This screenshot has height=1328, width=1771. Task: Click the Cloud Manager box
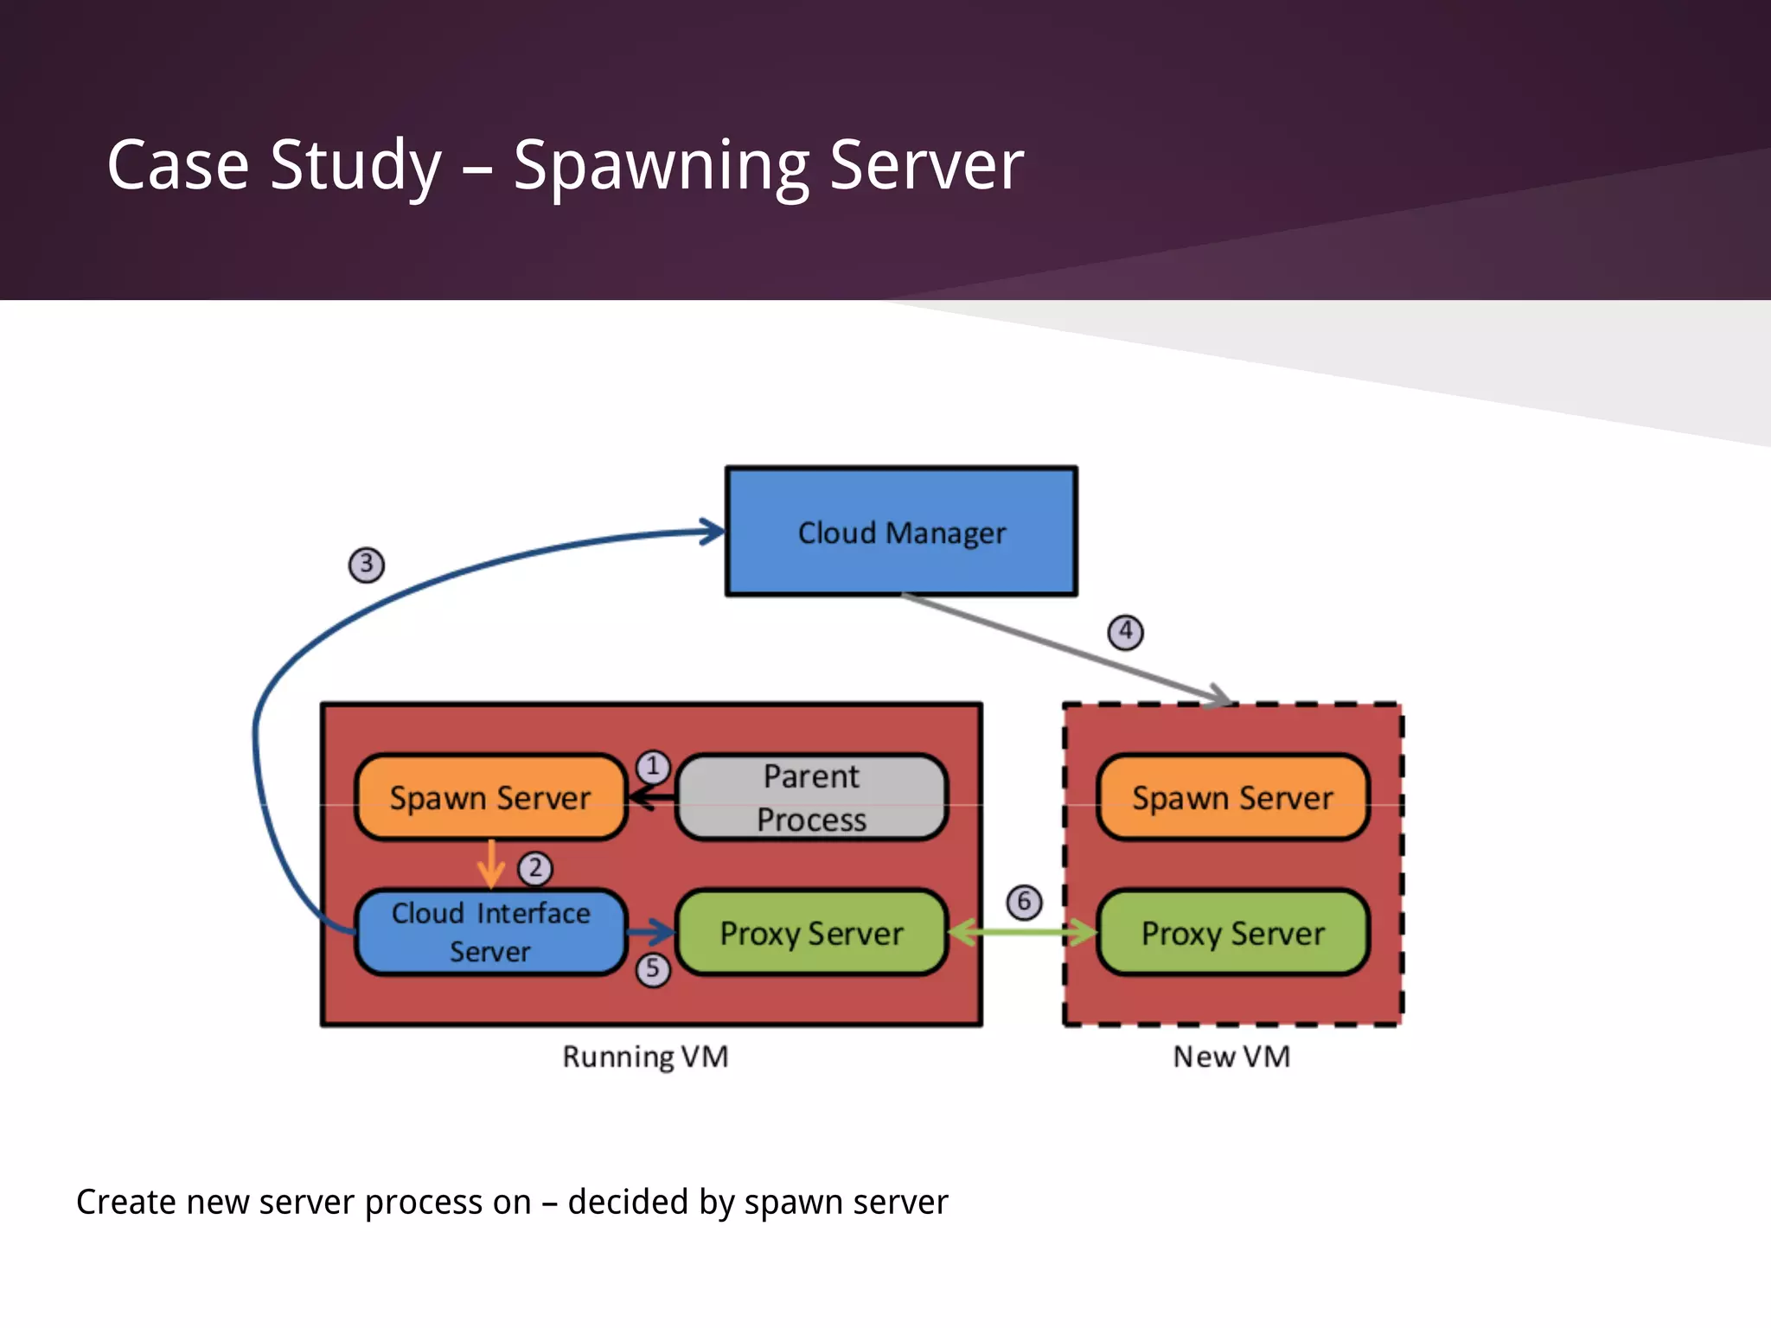coord(901,532)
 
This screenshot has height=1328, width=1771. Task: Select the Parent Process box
coord(811,797)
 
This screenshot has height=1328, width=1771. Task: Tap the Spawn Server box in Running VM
coord(490,797)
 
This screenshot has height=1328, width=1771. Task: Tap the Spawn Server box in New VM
coord(1232,797)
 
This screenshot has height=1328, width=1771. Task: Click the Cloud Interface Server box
coord(490,932)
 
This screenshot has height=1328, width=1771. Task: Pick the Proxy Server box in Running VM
coord(811,933)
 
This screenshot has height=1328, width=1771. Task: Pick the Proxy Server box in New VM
coord(1232,933)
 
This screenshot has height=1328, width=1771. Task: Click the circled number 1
coord(653,766)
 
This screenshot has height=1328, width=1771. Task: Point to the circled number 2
coord(535,867)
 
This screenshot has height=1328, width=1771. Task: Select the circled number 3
coord(367,565)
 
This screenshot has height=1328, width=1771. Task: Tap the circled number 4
coord(1125,632)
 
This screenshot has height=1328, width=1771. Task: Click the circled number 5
coord(653,969)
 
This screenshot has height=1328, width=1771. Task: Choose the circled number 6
coord(1024,902)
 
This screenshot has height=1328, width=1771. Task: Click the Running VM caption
coord(645,1057)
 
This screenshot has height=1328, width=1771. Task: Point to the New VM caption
coord(1231,1057)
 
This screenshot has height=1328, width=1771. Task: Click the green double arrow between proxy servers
coord(1023,932)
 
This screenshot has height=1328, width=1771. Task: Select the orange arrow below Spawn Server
coord(491,863)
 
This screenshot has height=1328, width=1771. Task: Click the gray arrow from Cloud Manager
coord(1064,648)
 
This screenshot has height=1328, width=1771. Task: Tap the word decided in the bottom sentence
coord(628,1202)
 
